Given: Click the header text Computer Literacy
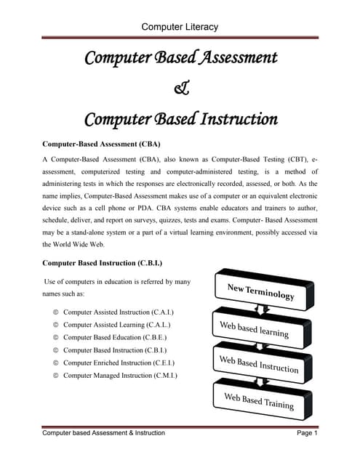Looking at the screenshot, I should [180, 27].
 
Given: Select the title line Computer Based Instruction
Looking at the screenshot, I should [180, 118].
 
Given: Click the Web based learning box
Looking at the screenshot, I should [260, 329].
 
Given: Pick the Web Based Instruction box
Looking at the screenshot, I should [260, 363].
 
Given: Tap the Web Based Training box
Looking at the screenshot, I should [260, 400].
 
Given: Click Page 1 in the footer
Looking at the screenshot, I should [308, 433].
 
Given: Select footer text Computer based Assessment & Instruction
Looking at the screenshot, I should [103, 433].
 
